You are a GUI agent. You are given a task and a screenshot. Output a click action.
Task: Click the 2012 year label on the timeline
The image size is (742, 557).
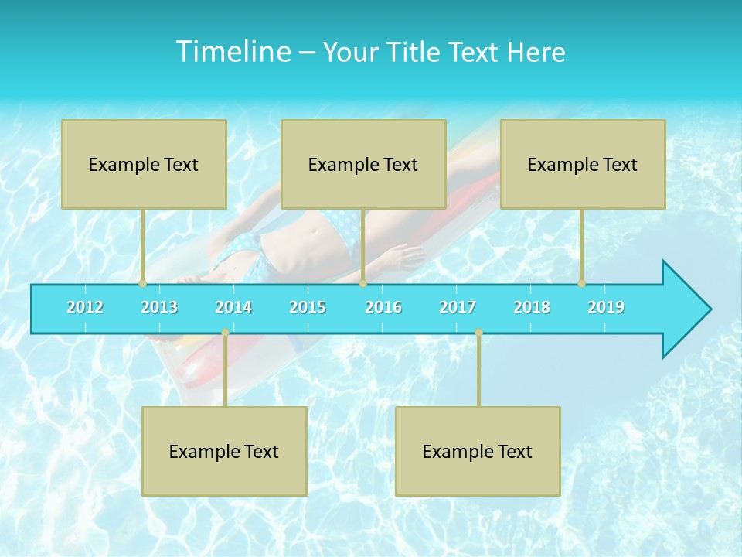(85, 307)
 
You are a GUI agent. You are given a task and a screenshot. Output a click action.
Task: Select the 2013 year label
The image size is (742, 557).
(159, 307)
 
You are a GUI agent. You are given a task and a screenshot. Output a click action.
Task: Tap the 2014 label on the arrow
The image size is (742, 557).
(233, 307)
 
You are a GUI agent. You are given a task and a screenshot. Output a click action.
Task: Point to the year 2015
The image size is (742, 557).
(308, 307)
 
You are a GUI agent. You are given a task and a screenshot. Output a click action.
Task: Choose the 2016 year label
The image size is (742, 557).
(383, 307)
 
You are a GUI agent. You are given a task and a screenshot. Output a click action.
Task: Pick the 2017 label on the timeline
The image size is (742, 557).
(458, 307)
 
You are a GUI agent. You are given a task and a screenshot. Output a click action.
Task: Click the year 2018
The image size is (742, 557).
(532, 307)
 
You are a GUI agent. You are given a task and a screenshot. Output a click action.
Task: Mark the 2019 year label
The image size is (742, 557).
(606, 307)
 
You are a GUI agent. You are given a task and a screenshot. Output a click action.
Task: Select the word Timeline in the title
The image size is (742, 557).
(232, 52)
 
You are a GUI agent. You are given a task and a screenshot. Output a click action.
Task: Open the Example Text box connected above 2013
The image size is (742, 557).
(144, 164)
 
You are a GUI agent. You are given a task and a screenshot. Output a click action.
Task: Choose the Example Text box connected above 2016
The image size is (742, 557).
(363, 164)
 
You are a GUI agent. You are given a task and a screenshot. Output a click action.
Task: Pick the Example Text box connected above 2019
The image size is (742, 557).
(583, 164)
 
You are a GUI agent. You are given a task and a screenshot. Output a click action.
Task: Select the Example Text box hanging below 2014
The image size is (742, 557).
(224, 451)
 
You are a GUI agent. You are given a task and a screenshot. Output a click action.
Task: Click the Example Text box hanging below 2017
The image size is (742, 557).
(478, 451)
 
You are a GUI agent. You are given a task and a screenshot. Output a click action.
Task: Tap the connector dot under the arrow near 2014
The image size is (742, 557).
(225, 333)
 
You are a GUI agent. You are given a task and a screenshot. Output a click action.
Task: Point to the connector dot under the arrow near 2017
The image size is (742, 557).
(478, 333)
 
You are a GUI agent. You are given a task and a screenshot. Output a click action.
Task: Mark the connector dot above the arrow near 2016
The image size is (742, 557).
(362, 284)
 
